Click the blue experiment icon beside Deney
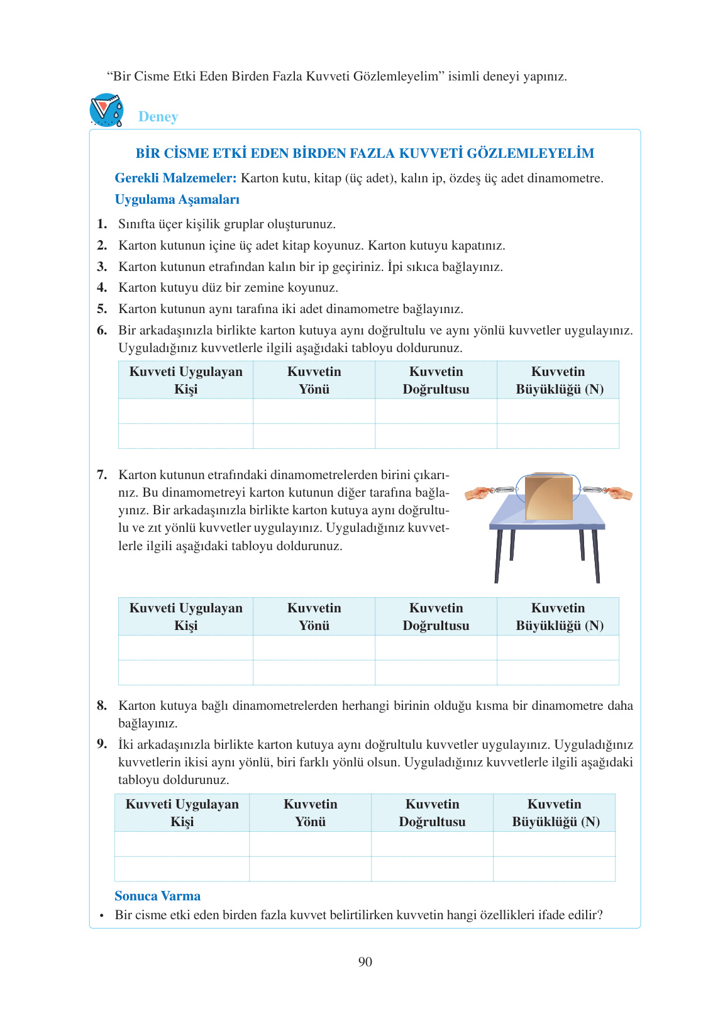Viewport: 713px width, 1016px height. tap(106, 111)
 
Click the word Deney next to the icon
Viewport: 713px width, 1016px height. tap(158, 117)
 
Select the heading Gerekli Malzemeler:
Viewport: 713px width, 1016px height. tap(175, 178)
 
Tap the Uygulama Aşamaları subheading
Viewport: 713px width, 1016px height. tap(177, 199)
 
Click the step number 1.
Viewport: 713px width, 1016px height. tap(101, 224)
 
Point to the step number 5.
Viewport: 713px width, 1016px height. tap(101, 309)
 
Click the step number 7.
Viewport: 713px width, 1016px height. tap(101, 475)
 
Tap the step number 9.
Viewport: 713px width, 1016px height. tap(101, 744)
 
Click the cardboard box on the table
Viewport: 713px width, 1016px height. tap(548, 497)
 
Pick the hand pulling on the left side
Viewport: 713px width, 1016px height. tap(476, 494)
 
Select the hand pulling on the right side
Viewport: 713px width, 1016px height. tap(620, 494)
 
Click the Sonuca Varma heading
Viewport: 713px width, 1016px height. tap(157, 896)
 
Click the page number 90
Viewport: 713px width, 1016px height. tap(365, 962)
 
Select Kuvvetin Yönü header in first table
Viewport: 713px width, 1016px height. tap(314, 380)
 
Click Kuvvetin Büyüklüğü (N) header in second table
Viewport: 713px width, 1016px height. tap(558, 616)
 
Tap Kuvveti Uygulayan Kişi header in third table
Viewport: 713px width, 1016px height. tap(182, 812)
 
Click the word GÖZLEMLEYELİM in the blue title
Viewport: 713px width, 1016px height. tap(530, 153)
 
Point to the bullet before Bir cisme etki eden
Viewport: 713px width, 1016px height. tap(101, 916)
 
